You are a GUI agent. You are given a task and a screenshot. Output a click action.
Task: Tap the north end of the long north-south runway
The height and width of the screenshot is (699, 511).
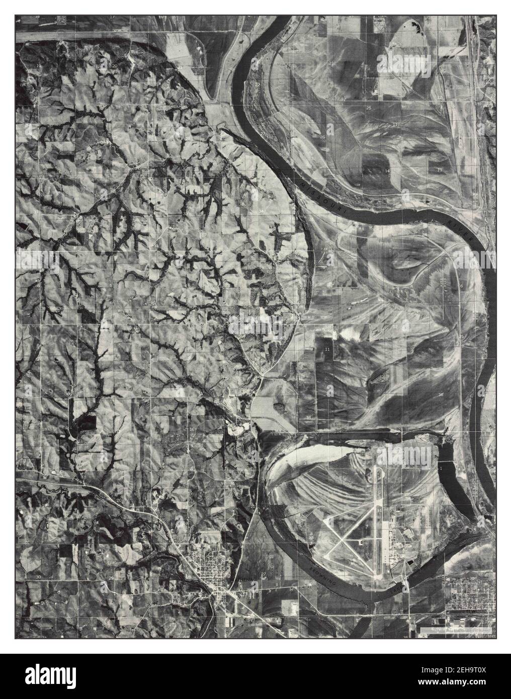376,468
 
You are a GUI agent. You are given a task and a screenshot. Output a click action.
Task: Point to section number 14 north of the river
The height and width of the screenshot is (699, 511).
387,171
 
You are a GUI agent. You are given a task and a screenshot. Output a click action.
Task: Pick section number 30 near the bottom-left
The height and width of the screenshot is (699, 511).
38,577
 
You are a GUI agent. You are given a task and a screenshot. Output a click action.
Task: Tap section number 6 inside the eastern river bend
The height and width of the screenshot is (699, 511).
461,286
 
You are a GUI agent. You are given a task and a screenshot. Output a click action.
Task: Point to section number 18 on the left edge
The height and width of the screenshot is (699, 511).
44,428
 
